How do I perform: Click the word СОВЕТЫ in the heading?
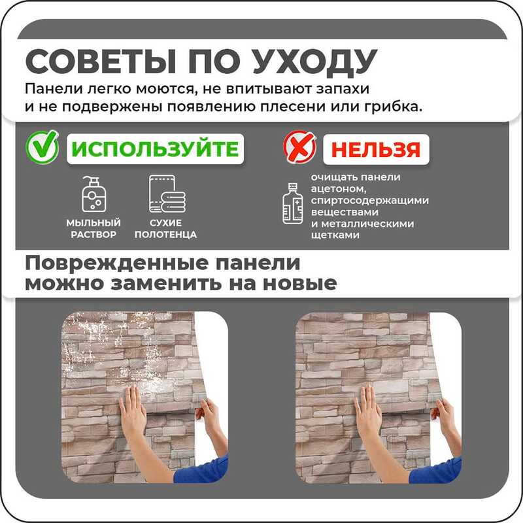point(101,62)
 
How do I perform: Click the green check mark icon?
point(42,146)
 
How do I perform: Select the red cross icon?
point(299,146)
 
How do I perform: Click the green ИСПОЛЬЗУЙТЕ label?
point(155,149)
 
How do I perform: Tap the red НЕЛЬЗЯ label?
point(376,150)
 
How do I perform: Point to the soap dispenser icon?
point(93,194)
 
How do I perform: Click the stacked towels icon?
point(167,194)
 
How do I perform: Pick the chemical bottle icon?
point(292,204)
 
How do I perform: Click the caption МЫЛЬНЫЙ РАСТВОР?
point(93,228)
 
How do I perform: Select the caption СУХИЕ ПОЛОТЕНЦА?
point(166,228)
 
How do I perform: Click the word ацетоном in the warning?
point(339,189)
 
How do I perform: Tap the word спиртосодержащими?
point(369,201)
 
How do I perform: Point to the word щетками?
point(335,235)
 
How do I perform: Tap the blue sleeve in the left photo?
point(201,469)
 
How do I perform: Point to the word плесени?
point(293,107)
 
